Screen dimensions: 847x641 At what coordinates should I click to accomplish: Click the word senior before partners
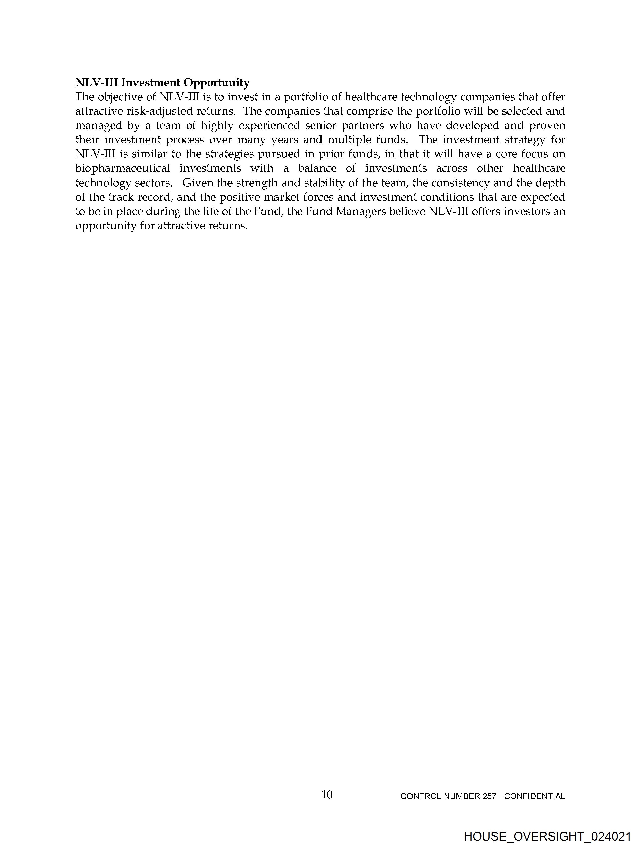click(x=320, y=126)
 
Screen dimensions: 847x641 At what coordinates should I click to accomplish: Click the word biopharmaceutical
click(x=122, y=168)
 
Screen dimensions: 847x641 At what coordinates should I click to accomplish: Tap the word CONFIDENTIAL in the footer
click(x=535, y=796)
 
